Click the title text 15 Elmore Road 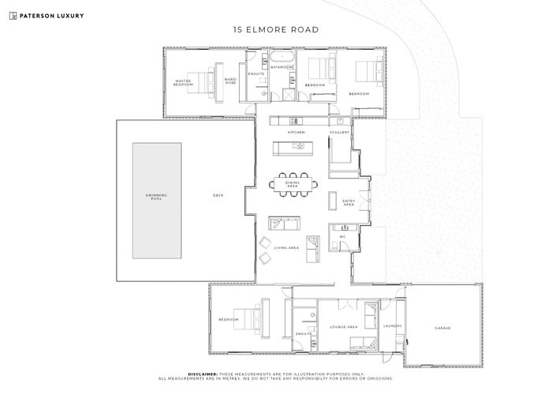point(275,30)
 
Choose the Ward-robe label point(230,81)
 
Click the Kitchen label point(296,132)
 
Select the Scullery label point(339,132)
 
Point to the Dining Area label point(293,184)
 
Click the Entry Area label point(349,202)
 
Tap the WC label point(342,236)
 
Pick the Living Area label point(286,247)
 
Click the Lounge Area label point(344,325)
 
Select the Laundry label point(393,325)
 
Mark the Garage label point(443,327)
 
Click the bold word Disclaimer point(204,374)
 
